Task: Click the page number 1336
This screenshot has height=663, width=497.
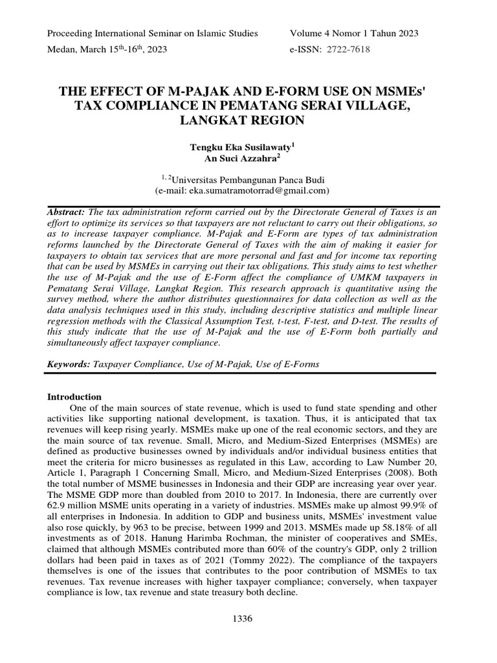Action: [x=248, y=620]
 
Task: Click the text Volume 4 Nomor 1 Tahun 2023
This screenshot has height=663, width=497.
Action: [x=355, y=33]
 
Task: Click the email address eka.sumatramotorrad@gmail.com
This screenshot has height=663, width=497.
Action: [x=257, y=191]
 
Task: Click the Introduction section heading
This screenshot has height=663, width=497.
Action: [x=75, y=396]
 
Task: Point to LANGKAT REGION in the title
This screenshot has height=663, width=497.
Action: [x=248, y=120]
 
